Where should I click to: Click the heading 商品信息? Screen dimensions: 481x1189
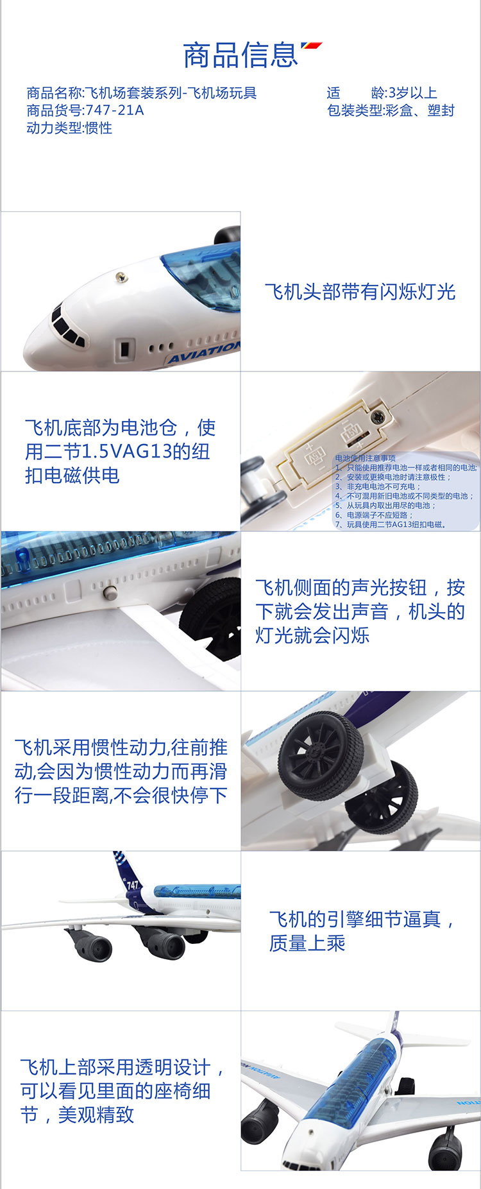(240, 55)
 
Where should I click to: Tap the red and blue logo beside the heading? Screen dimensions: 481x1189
(312, 47)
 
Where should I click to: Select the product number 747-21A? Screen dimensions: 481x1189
(115, 110)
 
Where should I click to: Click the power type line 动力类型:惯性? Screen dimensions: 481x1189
(69, 128)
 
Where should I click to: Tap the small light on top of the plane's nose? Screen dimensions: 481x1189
(120, 277)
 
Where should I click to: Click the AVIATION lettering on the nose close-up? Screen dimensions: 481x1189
(204, 352)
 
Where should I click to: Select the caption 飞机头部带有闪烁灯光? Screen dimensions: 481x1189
(360, 292)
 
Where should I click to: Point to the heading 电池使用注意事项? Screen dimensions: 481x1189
(366, 458)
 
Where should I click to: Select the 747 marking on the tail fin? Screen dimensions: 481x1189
(132, 885)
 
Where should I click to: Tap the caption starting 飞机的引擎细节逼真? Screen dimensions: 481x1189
(362, 931)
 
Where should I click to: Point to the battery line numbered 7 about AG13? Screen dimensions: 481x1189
(391, 524)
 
